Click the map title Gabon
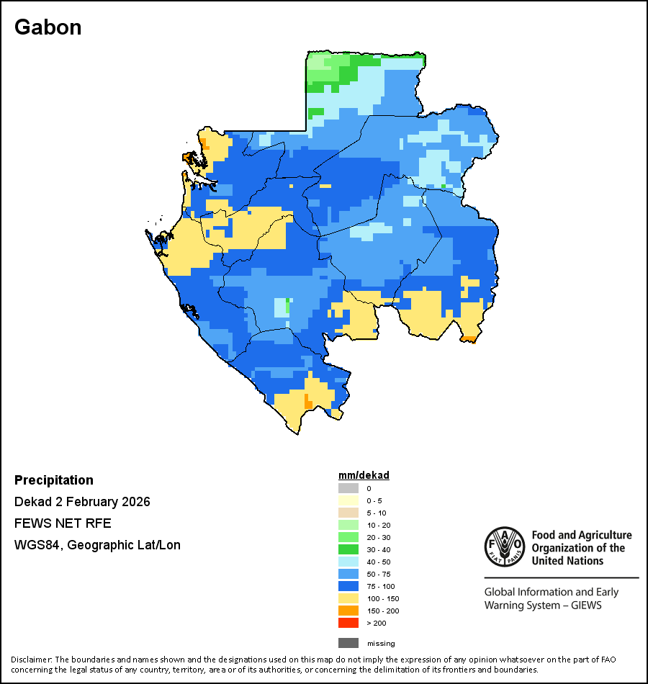pos(48,27)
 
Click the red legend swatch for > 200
pos(348,623)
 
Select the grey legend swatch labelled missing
pos(348,643)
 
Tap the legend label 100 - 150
pos(383,598)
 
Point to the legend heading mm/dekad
pos(364,475)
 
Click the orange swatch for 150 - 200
pos(348,611)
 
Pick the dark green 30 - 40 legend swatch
pos(348,549)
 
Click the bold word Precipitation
pos(54,480)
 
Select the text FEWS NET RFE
pos(63,523)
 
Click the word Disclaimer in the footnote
pos(31,660)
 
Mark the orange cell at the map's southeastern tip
pos(469,338)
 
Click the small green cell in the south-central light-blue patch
pos(288,306)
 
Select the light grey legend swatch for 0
pos(348,488)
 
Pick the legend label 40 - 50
pos(379,562)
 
